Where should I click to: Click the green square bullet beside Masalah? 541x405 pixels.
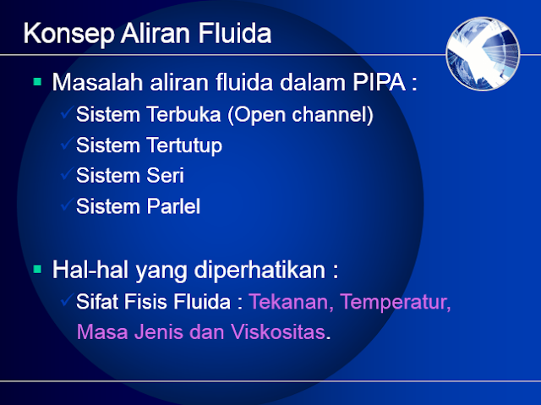[37, 83]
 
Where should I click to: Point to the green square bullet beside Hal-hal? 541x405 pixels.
[37, 271]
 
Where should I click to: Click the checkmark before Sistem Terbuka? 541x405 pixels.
[67, 113]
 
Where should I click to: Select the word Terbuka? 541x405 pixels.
[182, 115]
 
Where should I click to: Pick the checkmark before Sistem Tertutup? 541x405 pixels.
[67, 144]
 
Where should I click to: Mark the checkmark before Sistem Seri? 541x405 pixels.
[67, 174]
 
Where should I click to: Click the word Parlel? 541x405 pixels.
[172, 206]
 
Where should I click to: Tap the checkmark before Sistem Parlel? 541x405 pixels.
[67, 205]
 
